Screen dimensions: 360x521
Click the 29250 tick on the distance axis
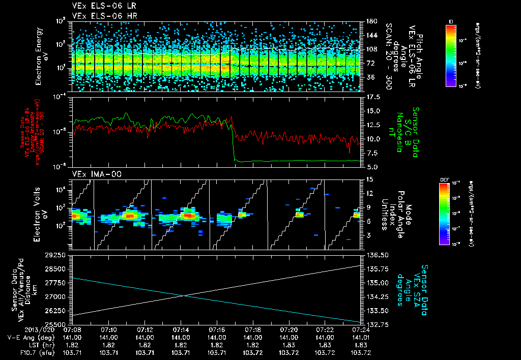[x=56, y=254]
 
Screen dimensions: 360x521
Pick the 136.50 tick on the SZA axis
[x=375, y=254]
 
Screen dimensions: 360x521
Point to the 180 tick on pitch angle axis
[x=370, y=21]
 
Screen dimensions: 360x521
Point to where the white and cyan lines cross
[x=182, y=295]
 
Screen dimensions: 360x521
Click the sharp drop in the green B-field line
[x=234, y=145]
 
